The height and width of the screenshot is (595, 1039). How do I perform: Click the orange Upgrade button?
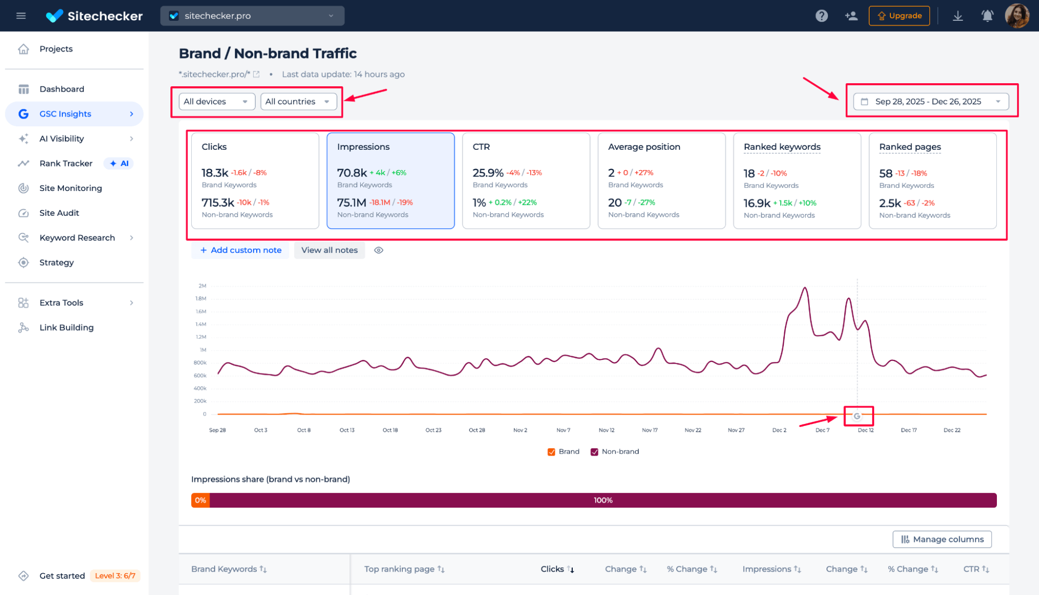click(x=899, y=16)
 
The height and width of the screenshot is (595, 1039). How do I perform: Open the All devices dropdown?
click(x=216, y=101)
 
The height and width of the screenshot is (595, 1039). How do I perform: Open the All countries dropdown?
click(x=298, y=101)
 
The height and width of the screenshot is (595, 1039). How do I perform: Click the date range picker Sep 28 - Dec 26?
click(x=930, y=101)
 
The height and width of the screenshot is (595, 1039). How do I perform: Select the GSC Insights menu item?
click(x=65, y=114)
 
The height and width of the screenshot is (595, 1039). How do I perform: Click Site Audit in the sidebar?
click(x=59, y=213)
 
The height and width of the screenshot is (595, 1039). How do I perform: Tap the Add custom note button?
click(x=241, y=250)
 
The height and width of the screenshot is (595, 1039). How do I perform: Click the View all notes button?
click(x=330, y=250)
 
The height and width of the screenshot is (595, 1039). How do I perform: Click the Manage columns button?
click(x=942, y=539)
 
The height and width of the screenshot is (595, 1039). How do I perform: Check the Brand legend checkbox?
click(x=551, y=452)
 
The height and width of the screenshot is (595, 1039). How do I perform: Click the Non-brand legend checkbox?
click(x=594, y=452)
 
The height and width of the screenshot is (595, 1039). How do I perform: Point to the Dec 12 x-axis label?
click(x=865, y=430)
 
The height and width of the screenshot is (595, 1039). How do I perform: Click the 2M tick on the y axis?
click(x=202, y=286)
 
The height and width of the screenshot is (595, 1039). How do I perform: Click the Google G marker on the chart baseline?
click(x=857, y=416)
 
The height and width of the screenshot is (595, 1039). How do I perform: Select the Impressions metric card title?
click(x=363, y=147)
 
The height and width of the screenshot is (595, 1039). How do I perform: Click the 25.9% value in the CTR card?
click(x=488, y=173)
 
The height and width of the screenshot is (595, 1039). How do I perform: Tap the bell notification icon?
click(x=987, y=16)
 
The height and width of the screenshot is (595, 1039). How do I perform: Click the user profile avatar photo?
click(x=1017, y=16)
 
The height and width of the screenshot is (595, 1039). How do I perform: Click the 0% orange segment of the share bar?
click(x=201, y=500)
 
